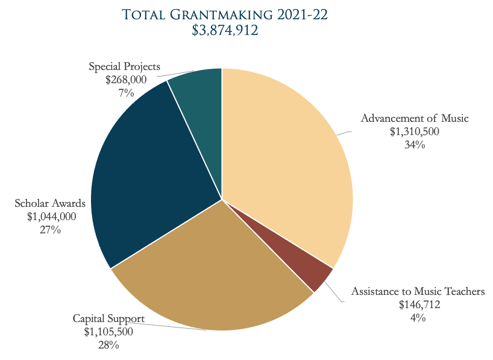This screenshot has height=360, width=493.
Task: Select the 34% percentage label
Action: [415, 145]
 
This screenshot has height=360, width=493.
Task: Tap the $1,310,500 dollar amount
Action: [415, 131]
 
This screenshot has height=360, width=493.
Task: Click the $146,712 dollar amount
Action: [419, 305]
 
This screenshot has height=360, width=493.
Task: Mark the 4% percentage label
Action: [419, 318]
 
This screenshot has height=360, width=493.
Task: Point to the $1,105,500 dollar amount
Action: [108, 332]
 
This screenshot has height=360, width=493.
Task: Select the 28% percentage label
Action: [108, 345]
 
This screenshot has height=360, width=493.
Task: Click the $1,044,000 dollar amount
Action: [50, 216]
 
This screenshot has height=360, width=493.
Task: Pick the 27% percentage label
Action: [50, 230]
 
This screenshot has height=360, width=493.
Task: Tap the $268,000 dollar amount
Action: [126, 80]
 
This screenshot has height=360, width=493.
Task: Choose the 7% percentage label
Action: [126, 93]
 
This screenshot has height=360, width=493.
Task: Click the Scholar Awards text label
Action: [50, 203]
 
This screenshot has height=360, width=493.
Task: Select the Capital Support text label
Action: [108, 318]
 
